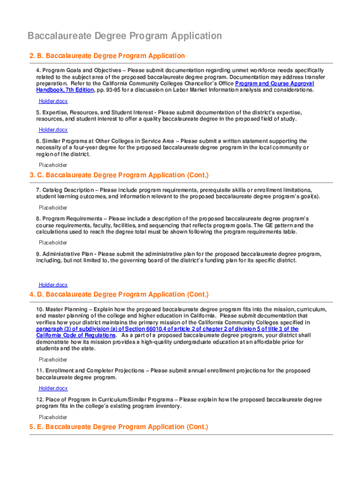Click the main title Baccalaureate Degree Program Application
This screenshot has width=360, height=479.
pyautogui.click(x=125, y=36)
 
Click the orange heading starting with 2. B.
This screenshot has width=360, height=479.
pyautogui.click(x=107, y=56)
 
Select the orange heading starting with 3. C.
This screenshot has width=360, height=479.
pyautogui.click(x=119, y=175)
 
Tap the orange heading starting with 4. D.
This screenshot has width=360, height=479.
pyautogui.click(x=119, y=295)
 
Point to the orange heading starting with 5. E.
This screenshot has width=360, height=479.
pyautogui.click(x=118, y=427)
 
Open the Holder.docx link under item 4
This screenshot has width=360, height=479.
pyautogui.click(x=53, y=101)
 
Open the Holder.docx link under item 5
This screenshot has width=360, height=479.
pyautogui.click(x=53, y=130)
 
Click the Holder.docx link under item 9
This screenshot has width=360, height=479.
pyautogui.click(x=53, y=284)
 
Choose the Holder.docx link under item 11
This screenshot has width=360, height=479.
pyautogui.click(x=53, y=388)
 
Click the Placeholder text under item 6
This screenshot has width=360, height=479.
pyautogui.click(x=53, y=165)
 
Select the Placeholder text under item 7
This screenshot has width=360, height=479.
pyautogui.click(x=53, y=208)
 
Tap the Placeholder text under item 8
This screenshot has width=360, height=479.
pyautogui.click(x=53, y=243)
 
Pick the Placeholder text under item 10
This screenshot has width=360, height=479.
pyautogui.click(x=53, y=360)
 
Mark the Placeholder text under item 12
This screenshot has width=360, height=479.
pyautogui.click(x=53, y=417)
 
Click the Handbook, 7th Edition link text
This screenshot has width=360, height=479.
pyautogui.click(x=65, y=90)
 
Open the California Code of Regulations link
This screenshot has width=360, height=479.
pyautogui.click(x=76, y=335)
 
